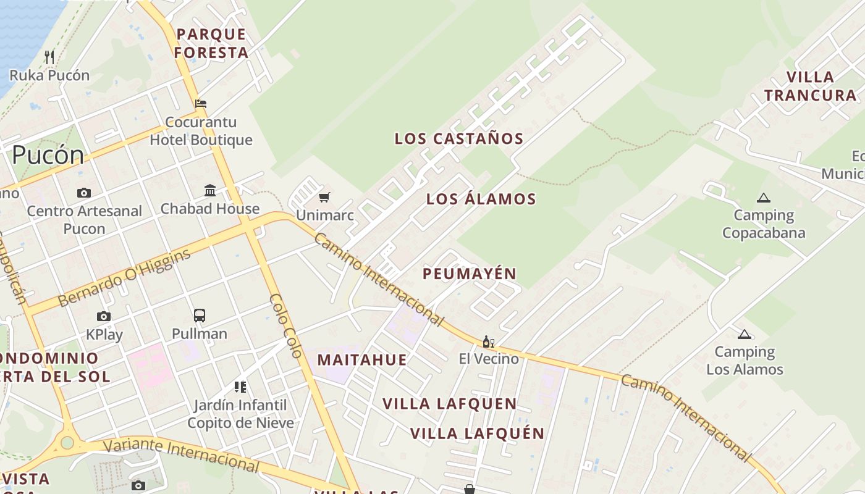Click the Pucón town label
pyautogui.click(x=48, y=154)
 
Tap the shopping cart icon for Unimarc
pyautogui.click(x=324, y=198)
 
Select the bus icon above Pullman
pyautogui.click(x=200, y=316)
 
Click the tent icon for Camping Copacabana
pyautogui.click(x=764, y=198)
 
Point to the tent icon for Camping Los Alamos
pyautogui.click(x=745, y=334)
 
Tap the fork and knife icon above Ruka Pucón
pyautogui.click(x=49, y=57)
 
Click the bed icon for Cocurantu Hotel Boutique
pyautogui.click(x=201, y=103)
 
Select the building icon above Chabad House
pyautogui.click(x=210, y=190)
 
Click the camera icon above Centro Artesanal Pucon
pyautogui.click(x=84, y=193)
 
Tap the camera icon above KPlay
pyautogui.click(x=104, y=317)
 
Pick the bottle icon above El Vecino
pyautogui.click(x=488, y=341)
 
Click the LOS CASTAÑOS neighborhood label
pyautogui.click(x=459, y=139)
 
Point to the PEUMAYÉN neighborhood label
pyautogui.click(x=470, y=274)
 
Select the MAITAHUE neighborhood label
pyautogui.click(x=362, y=360)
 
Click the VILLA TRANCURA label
pyautogui.click(x=811, y=86)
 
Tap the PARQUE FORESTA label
pyautogui.click(x=211, y=43)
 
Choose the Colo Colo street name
pyautogui.click(x=285, y=326)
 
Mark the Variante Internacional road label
pyautogui.click(x=180, y=454)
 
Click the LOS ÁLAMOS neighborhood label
pyautogui.click(x=481, y=199)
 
